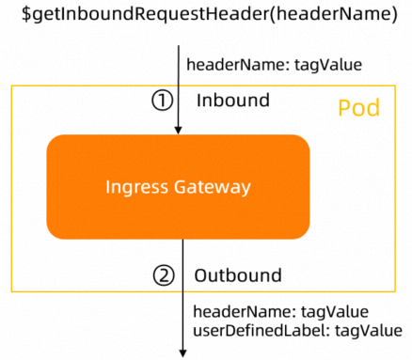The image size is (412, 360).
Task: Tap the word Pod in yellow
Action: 358,108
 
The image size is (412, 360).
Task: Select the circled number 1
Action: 164,100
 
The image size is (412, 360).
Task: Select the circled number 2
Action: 164,275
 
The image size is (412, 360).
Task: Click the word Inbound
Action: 232,100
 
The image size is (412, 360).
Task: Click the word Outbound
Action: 237,275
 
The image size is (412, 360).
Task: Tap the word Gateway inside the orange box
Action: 213,187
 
